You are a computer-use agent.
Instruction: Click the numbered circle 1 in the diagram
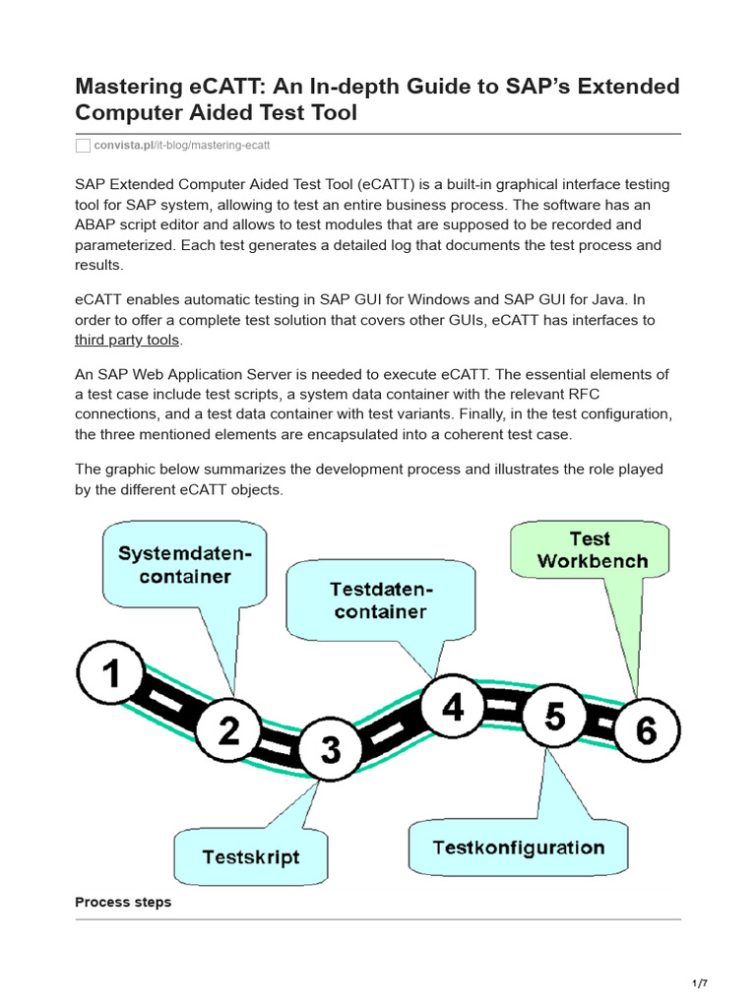tap(112, 674)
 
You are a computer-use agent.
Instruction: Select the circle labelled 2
tap(228, 730)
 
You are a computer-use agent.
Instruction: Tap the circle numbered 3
tap(330, 750)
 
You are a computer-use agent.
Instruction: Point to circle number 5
tap(555, 717)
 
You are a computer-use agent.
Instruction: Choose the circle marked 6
tap(646, 730)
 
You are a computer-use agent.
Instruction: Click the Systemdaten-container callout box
tap(184, 565)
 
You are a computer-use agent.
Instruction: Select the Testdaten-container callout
tap(378, 600)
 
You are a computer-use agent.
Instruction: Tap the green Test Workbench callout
tap(590, 550)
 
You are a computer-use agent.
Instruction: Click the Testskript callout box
tap(250, 856)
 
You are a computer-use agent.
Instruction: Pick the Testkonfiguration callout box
tap(519, 848)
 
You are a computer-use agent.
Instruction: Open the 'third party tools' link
tap(127, 340)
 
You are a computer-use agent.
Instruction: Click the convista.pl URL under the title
tap(181, 146)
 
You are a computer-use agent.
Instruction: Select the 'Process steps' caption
tap(123, 902)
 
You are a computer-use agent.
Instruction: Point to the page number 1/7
tap(701, 983)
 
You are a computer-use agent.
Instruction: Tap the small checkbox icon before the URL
tap(83, 146)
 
